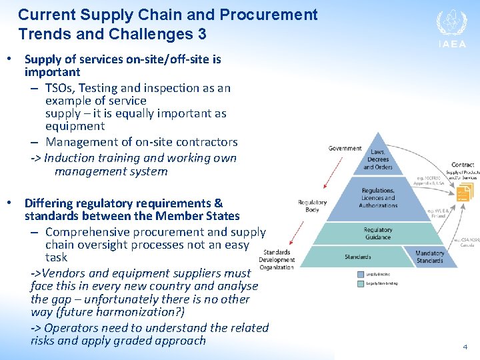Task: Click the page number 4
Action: click(x=465, y=347)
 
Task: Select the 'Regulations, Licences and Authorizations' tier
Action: click(x=378, y=197)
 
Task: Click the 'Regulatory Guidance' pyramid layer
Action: click(x=378, y=233)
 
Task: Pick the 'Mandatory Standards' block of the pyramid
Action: click(x=429, y=257)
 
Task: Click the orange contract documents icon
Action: click(x=463, y=193)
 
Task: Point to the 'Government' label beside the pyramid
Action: click(x=345, y=149)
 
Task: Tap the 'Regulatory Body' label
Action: click(x=312, y=205)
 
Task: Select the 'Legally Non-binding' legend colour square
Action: click(x=361, y=283)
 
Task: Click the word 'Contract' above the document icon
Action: click(x=462, y=165)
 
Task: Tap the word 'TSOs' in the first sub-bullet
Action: click(x=61, y=88)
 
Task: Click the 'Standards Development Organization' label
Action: click(x=277, y=260)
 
